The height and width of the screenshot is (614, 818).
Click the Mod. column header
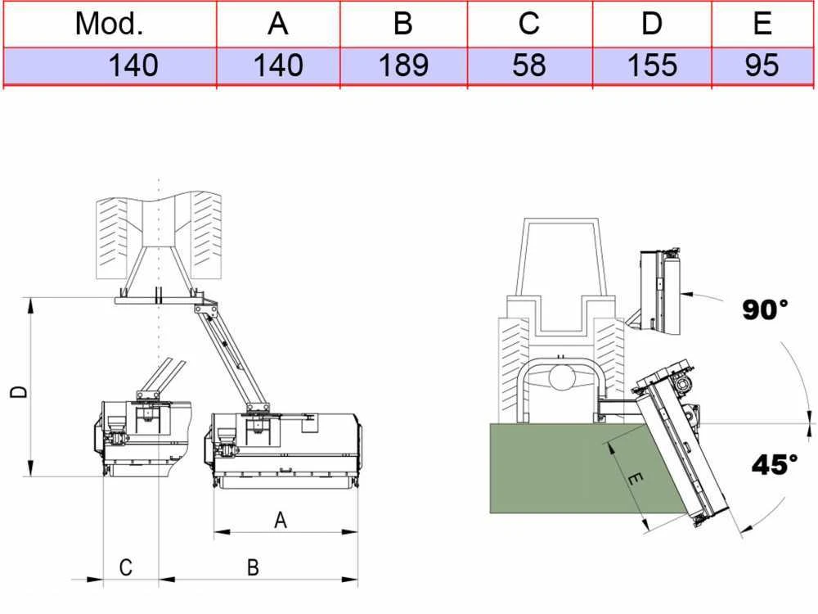[x=109, y=24]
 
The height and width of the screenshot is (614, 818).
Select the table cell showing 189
[x=404, y=65]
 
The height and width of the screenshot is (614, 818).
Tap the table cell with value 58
[x=529, y=65]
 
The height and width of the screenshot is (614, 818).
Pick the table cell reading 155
[x=652, y=65]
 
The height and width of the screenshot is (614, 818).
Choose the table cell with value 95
[x=762, y=65]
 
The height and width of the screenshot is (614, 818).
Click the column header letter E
[x=762, y=24]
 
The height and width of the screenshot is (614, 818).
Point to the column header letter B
[x=403, y=24]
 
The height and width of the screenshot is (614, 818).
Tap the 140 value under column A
[x=278, y=65]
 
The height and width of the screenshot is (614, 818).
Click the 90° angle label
[x=765, y=309]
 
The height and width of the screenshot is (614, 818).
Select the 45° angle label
[x=775, y=464]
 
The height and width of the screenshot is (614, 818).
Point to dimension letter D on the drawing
[x=19, y=391]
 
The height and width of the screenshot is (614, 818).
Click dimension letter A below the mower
[x=280, y=521]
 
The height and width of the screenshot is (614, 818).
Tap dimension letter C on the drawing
[x=126, y=567]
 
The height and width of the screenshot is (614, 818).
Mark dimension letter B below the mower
[x=253, y=567]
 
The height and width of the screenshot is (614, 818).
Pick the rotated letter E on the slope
[x=635, y=478]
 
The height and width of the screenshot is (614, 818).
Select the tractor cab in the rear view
[x=561, y=275]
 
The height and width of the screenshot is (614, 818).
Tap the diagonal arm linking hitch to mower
[x=231, y=355]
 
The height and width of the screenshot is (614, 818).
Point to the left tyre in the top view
[x=111, y=238]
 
